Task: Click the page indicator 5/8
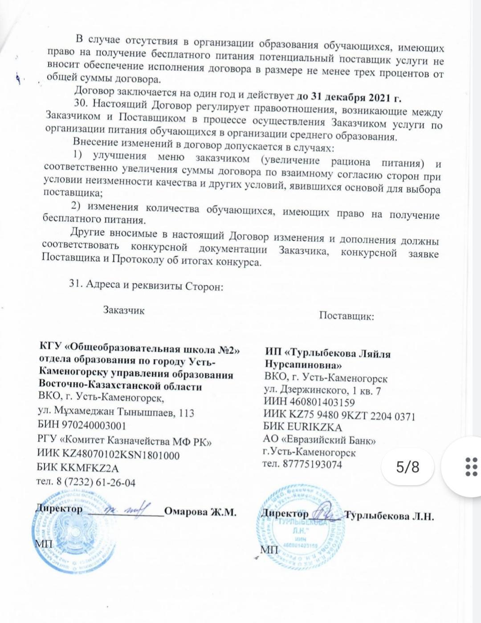tap(408, 467)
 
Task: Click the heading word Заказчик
tap(124, 310)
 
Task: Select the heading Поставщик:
tap(346, 316)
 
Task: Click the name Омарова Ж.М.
tap(200, 511)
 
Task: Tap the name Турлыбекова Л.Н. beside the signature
tap(389, 517)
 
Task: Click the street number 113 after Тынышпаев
tap(186, 413)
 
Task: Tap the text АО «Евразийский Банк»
tap(319, 440)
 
